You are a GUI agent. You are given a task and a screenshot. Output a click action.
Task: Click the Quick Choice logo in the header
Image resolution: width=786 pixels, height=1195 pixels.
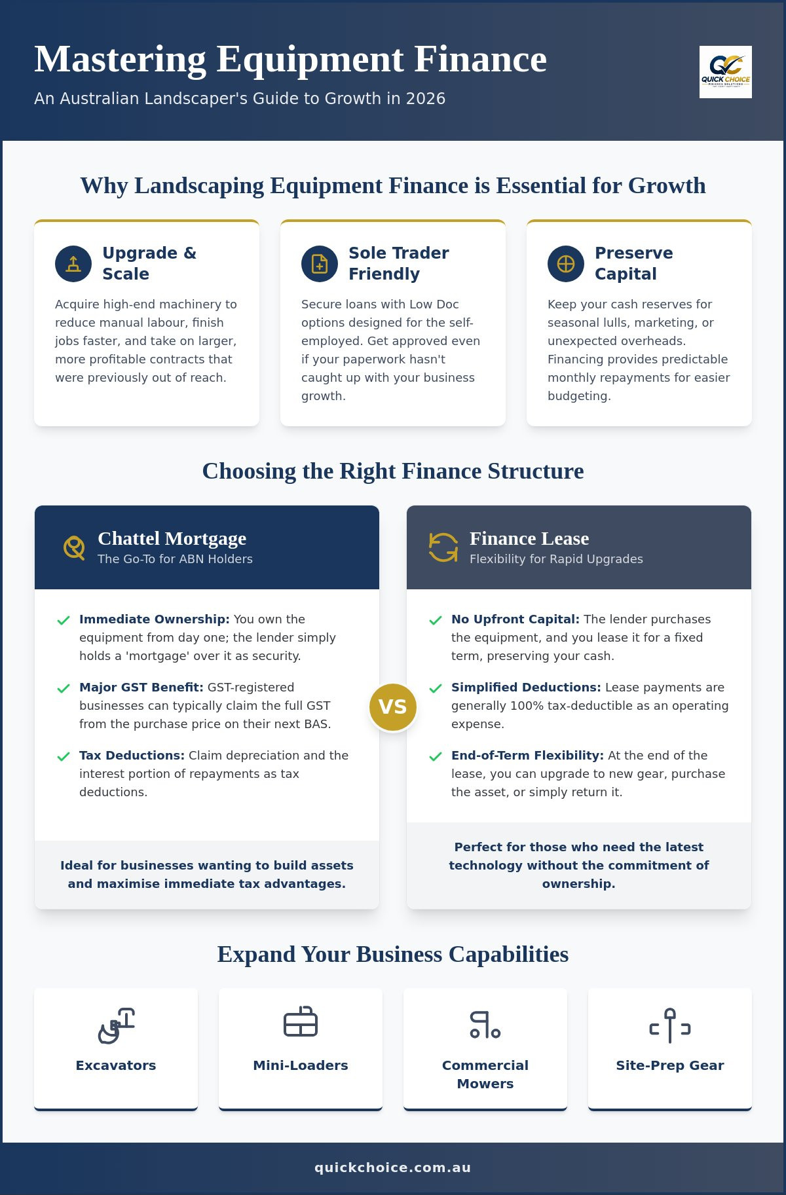pyautogui.click(x=725, y=72)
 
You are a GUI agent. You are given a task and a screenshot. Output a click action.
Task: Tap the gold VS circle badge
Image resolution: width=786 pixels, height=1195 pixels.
pyautogui.click(x=393, y=707)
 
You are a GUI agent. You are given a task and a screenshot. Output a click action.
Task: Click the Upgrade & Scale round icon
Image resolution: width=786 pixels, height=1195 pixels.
pyautogui.click(x=73, y=264)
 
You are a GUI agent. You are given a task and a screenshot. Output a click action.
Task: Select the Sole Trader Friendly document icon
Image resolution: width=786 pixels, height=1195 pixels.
pyautogui.click(x=320, y=264)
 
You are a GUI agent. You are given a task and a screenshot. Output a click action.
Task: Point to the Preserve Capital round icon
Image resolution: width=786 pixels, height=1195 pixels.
pyautogui.click(x=566, y=264)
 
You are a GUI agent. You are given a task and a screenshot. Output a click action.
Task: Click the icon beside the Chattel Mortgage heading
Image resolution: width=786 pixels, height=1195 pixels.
pyautogui.click(x=74, y=547)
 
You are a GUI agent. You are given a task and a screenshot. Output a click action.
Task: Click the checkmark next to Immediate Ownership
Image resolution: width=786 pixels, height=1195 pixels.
pyautogui.click(x=64, y=620)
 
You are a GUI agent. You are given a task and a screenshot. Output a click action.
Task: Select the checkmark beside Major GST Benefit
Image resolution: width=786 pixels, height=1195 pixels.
pyautogui.click(x=64, y=688)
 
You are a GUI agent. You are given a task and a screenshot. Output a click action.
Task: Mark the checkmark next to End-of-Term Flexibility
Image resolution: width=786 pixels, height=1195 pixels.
pyautogui.click(x=436, y=756)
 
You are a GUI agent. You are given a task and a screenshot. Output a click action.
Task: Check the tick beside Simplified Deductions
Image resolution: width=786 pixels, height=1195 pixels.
pyautogui.click(x=436, y=688)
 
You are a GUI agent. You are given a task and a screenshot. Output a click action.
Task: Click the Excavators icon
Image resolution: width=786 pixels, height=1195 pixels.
pyautogui.click(x=116, y=1025)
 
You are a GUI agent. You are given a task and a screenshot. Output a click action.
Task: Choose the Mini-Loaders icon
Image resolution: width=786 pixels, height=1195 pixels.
pyautogui.click(x=301, y=1021)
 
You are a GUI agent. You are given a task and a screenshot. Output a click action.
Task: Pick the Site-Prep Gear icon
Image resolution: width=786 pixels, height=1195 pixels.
pyautogui.click(x=670, y=1025)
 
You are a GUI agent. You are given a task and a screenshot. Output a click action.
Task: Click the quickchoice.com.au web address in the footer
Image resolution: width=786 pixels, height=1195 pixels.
pyautogui.click(x=393, y=1167)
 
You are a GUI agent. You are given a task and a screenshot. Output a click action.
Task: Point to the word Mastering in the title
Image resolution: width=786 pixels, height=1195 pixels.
pyautogui.click(x=121, y=60)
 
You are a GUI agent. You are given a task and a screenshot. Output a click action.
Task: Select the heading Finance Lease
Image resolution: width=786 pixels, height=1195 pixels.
pyautogui.click(x=529, y=538)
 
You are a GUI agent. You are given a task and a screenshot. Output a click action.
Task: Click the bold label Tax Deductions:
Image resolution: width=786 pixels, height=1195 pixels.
pyautogui.click(x=132, y=755)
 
